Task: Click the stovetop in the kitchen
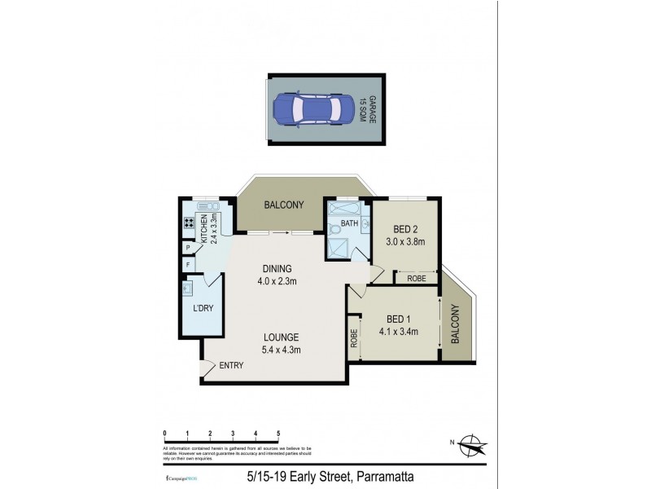pyautogui.click(x=188, y=223)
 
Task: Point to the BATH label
pyautogui.click(x=349, y=222)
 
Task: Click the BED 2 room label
pyautogui.click(x=405, y=236)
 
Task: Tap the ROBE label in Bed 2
pyautogui.click(x=417, y=279)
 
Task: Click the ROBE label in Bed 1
pyautogui.click(x=354, y=338)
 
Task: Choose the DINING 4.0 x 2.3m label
pyautogui.click(x=277, y=275)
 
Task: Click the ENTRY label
pyautogui.click(x=231, y=366)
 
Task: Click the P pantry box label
pyautogui.click(x=188, y=247)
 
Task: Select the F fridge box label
pyautogui.click(x=188, y=265)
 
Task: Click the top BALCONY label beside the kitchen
pyautogui.click(x=283, y=205)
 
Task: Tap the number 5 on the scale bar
pyautogui.click(x=278, y=433)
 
